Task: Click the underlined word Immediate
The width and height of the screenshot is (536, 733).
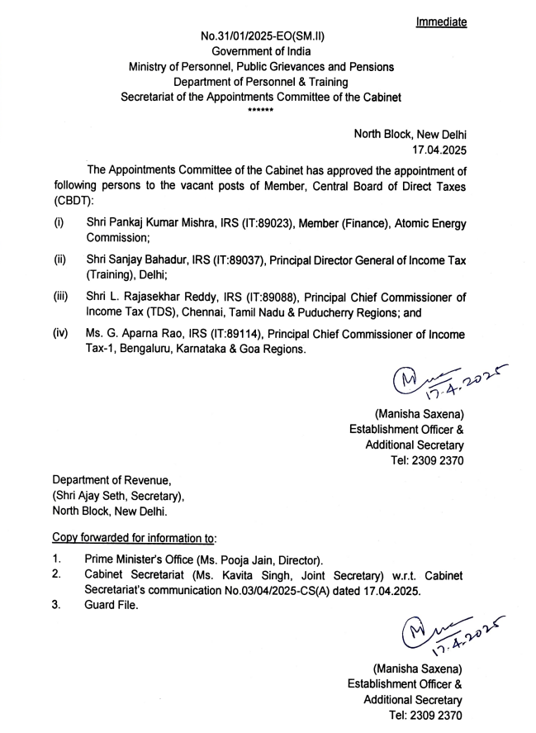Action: pyautogui.click(x=441, y=22)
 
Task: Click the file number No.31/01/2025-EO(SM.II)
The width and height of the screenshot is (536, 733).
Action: pyautogui.click(x=261, y=38)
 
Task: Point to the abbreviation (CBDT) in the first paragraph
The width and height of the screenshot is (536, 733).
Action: pyautogui.click(x=74, y=201)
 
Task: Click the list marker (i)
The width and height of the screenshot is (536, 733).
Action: pyautogui.click(x=59, y=223)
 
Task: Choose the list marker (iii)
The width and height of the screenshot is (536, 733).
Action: pyautogui.click(x=61, y=296)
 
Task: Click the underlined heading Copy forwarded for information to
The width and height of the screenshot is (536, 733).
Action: pyautogui.click(x=135, y=537)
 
